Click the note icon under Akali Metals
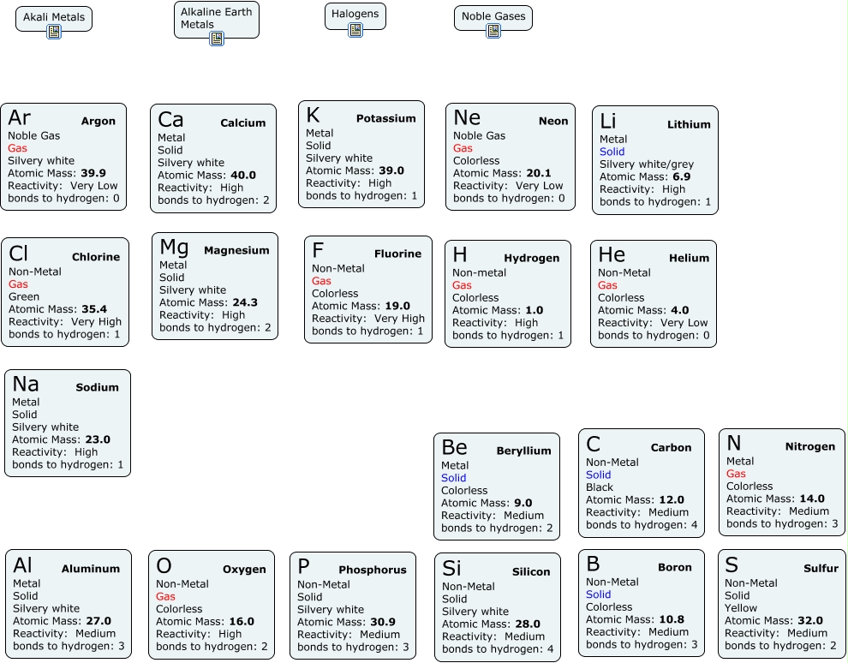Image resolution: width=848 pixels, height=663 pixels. (x=54, y=33)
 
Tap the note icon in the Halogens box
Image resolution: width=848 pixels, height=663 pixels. (x=355, y=30)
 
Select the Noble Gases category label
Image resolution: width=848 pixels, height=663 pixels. (x=493, y=16)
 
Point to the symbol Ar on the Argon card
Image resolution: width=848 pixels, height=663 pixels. (x=20, y=117)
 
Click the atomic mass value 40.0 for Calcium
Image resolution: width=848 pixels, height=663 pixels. (x=242, y=176)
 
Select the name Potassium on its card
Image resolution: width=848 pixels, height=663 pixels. (x=386, y=119)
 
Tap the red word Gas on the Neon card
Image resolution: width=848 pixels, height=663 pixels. (x=463, y=148)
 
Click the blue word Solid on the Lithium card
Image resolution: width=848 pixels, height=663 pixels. (x=612, y=152)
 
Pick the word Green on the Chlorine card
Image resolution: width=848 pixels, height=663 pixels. (x=23, y=296)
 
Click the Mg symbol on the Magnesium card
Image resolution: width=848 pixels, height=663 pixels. (x=174, y=248)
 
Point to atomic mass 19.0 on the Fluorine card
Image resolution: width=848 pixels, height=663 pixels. (x=397, y=306)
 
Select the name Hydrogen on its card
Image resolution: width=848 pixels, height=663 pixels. (x=531, y=258)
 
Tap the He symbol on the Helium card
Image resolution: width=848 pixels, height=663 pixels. (x=612, y=255)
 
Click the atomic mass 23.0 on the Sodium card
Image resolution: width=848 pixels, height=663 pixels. (x=98, y=439)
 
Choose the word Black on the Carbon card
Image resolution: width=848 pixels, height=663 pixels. (x=600, y=487)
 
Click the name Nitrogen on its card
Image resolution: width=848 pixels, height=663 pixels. (x=809, y=446)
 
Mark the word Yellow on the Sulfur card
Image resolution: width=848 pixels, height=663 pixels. (x=741, y=608)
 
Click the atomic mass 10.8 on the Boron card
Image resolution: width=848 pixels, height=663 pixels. (x=673, y=619)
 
